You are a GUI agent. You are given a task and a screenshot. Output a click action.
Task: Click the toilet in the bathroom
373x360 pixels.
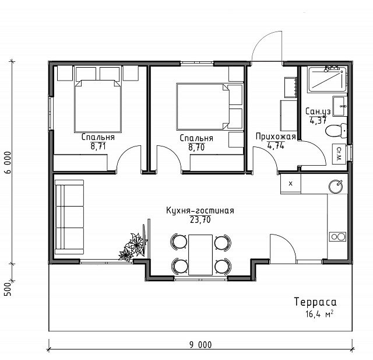(x=336, y=131)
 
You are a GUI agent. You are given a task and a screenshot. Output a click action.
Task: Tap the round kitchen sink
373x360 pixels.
(x=336, y=187)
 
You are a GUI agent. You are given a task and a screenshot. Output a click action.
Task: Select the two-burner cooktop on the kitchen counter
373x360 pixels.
(x=337, y=237)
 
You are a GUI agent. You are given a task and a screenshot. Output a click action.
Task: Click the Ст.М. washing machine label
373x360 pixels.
(x=339, y=154)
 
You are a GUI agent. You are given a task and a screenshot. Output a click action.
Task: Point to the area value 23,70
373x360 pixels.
(x=200, y=220)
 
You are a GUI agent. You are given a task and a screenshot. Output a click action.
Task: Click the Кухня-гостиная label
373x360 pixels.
(x=200, y=211)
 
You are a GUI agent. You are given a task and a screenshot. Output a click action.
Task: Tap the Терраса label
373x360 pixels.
(x=315, y=302)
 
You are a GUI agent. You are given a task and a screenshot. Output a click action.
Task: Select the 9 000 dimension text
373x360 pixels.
(x=200, y=345)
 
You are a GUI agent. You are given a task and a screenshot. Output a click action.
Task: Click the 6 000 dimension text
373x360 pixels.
(x=8, y=162)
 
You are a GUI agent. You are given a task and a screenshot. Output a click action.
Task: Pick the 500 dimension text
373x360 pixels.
(x=8, y=289)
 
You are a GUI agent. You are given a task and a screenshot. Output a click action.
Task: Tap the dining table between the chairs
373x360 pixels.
(x=200, y=255)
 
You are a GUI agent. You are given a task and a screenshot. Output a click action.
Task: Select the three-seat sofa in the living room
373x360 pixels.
(x=69, y=218)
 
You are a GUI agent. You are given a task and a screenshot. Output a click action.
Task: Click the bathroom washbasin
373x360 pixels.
(x=340, y=106)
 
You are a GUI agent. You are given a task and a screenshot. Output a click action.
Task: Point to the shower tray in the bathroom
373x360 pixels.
(x=327, y=79)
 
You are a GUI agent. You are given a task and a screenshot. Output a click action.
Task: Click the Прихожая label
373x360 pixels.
(x=276, y=137)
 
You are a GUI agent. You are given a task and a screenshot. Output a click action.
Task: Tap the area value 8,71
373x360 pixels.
(x=98, y=146)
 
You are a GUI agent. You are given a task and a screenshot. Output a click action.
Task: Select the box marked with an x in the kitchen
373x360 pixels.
(x=290, y=184)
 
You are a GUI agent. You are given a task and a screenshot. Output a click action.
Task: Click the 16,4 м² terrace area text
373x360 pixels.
(x=319, y=314)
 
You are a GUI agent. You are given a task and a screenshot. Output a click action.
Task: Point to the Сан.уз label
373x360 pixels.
(x=318, y=111)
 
